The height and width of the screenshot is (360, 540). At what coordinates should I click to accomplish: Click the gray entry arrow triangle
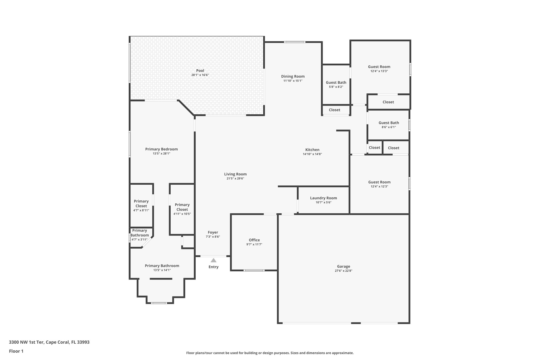pos(213,260)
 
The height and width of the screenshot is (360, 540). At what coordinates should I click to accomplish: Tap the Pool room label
pos(200,71)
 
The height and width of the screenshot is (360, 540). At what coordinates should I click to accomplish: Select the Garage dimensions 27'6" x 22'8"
pos(343,271)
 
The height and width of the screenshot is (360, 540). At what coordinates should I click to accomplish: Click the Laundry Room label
pos(323,198)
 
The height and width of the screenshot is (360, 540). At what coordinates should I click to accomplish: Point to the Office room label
pos(254,240)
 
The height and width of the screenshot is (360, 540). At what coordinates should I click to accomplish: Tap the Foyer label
pos(213,232)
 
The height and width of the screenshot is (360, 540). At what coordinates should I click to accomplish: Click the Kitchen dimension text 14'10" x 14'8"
pos(312,154)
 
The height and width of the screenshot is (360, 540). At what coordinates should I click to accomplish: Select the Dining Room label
pos(293,76)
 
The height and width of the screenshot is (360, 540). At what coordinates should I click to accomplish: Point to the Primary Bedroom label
pos(161,149)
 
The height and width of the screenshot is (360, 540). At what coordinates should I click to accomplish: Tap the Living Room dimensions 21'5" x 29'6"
pos(235,179)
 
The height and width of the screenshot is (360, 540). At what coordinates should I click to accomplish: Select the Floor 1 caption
pos(16,351)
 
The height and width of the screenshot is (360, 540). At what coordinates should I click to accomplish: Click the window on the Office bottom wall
pos(254,270)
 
